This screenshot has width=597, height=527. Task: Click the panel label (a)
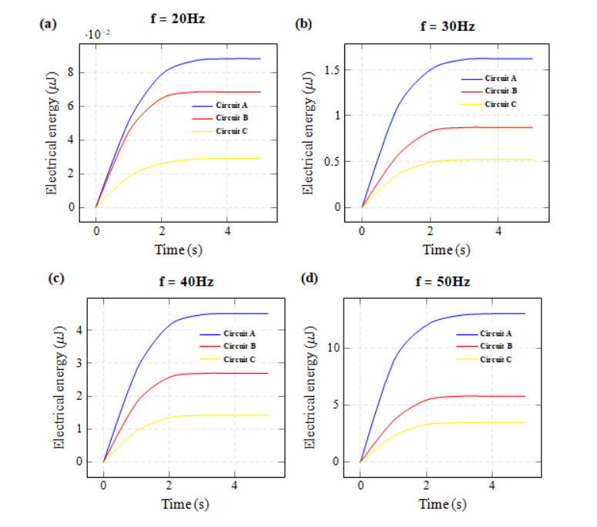point(48,24)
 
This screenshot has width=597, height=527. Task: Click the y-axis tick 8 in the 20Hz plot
point(70,72)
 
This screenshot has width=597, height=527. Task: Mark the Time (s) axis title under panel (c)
point(183,504)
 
